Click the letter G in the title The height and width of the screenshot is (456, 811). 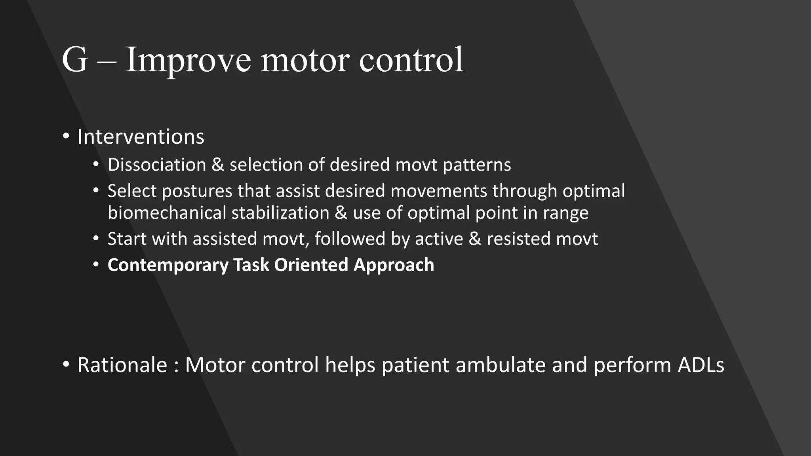pos(74,60)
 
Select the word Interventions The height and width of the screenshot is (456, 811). pos(141,137)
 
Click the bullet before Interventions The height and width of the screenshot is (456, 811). pos(66,137)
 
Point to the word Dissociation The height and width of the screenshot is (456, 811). pos(157,165)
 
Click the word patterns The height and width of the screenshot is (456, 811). pos(477,165)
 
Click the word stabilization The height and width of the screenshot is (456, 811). pos(280,213)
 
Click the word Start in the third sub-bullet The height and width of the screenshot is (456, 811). pos(127,239)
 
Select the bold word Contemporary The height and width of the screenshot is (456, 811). pos(168,265)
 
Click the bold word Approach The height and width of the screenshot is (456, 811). pos(394,265)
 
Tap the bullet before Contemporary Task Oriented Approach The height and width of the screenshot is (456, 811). pos(96,264)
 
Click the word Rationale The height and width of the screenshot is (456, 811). pos(122,365)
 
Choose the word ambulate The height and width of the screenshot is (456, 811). pos(501,365)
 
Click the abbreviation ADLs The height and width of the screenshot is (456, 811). pos(701,365)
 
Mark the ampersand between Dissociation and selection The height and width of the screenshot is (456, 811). pos(218,165)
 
